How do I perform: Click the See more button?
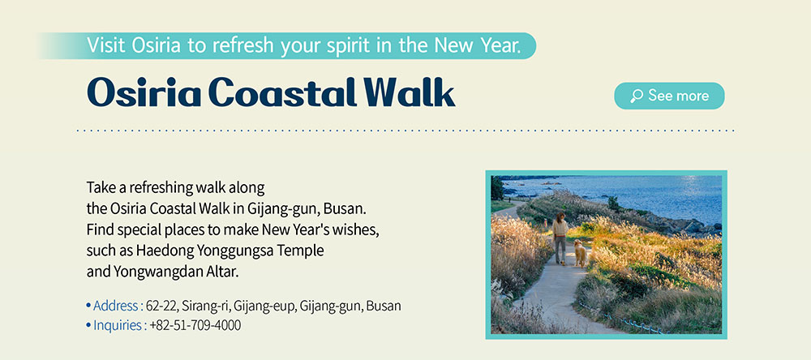click(669, 96)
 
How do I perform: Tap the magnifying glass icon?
click(636, 96)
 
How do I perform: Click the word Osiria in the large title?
click(145, 92)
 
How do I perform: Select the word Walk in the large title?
click(409, 92)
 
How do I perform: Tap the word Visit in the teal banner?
click(106, 45)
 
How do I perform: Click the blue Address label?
click(115, 306)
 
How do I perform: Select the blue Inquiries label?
click(118, 325)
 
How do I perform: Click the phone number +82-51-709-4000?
click(195, 325)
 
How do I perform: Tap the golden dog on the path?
click(580, 253)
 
